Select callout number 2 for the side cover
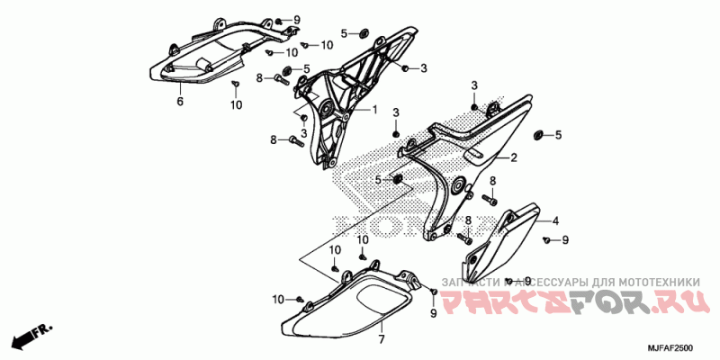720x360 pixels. [514, 158]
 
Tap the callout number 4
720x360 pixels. [555, 220]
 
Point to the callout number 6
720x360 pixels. [179, 102]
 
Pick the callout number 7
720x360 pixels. [381, 339]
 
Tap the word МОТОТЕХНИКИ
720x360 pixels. [658, 279]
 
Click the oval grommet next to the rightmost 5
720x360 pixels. [539, 135]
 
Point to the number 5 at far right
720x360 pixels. [558, 136]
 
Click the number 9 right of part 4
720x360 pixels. [565, 240]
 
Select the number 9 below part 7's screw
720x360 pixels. [433, 312]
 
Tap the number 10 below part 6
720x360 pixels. [236, 105]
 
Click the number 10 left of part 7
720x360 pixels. [279, 299]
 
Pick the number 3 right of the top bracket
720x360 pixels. [423, 68]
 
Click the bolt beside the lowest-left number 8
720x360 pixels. [294, 139]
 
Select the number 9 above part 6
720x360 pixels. [296, 20]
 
